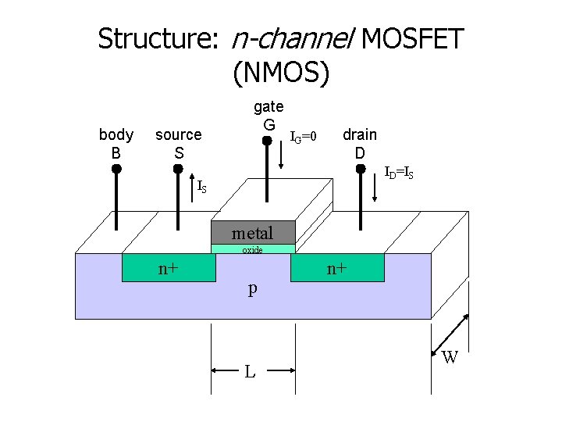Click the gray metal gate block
(253, 233)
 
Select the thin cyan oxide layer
(253, 250)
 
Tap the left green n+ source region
(168, 268)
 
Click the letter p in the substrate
(252, 288)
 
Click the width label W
(450, 359)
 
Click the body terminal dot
(116, 168)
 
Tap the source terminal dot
(178, 168)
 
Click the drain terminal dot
(360, 168)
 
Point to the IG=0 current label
(303, 138)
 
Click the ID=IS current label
(398, 173)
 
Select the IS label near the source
(202, 188)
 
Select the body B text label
(116, 144)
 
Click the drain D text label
(360, 144)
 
